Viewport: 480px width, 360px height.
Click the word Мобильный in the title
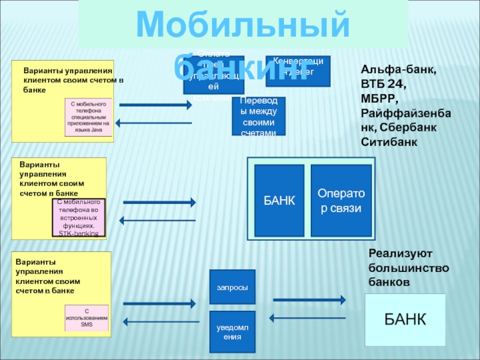(243, 26)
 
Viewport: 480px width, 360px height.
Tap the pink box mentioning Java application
(88, 117)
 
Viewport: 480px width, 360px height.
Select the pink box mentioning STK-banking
(79, 217)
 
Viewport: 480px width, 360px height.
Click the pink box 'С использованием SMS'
(86, 318)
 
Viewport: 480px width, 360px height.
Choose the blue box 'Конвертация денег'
(298, 71)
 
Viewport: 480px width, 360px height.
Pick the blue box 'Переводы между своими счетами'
(259, 116)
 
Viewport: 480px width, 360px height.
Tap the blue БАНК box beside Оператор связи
(279, 200)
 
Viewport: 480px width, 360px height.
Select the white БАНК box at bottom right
(405, 319)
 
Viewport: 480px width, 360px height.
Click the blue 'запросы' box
(232, 287)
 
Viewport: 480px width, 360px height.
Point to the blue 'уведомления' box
(232, 331)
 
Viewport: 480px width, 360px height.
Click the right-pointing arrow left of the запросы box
(158, 304)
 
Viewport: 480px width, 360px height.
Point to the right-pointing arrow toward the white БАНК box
(309, 299)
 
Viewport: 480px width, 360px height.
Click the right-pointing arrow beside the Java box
(155, 105)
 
